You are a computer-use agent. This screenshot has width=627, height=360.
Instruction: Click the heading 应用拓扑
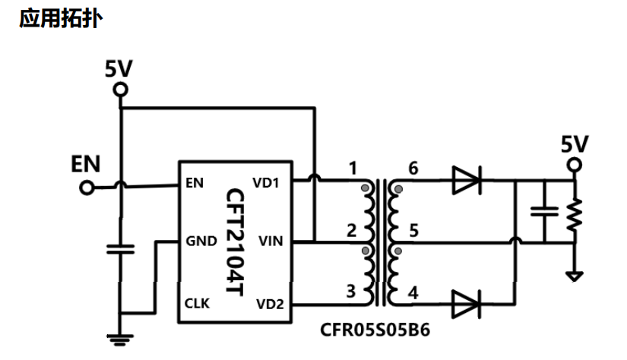[61, 18]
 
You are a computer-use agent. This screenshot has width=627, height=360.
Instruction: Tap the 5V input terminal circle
[120, 90]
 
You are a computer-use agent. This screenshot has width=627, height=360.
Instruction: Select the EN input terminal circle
[87, 188]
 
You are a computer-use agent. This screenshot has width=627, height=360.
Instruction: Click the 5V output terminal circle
[575, 165]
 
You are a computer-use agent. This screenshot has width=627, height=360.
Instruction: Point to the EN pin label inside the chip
[195, 183]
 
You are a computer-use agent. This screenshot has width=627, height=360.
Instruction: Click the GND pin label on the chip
[201, 241]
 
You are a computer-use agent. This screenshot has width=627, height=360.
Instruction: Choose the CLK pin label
[197, 303]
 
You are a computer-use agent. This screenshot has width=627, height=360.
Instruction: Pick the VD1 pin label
[265, 183]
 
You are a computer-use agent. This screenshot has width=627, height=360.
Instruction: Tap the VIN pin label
[271, 241]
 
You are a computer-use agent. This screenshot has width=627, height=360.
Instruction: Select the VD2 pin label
[270, 304]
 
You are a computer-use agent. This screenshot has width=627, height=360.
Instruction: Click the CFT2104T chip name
[235, 242]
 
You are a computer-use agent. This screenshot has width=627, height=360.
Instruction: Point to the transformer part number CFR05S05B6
[375, 330]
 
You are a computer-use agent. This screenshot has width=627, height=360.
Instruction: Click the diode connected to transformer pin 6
[466, 181]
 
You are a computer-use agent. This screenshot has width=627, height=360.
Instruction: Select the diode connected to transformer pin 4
[466, 305]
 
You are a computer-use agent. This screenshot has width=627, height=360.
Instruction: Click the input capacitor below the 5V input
[120, 249]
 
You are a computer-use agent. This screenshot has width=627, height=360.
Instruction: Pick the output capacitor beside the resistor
[544, 212]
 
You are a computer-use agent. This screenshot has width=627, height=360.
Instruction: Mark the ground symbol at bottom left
[120, 339]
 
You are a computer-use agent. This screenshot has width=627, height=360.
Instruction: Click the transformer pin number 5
[414, 231]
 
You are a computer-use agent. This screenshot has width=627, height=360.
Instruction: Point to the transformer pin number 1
[353, 168]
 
